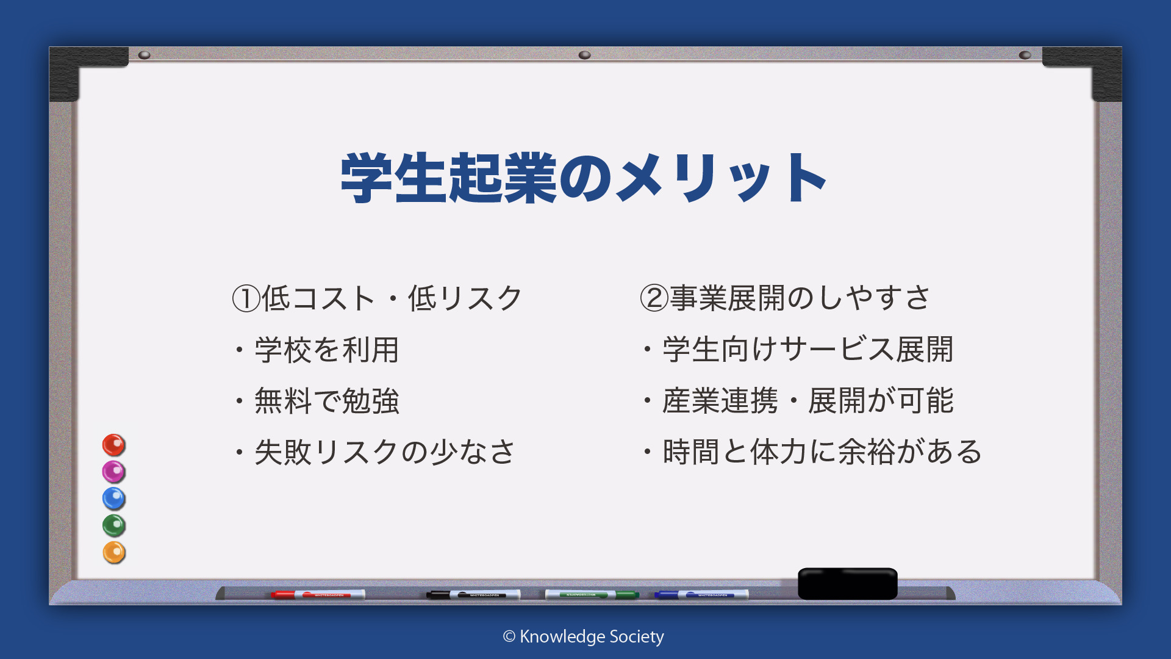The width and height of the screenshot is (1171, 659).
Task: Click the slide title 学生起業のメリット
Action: pos(584,178)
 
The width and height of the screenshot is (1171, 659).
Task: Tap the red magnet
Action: pos(113,445)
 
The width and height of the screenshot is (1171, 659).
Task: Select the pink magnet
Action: pos(113,472)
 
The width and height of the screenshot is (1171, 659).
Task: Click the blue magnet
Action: pos(113,499)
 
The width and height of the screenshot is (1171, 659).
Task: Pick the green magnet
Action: pos(113,525)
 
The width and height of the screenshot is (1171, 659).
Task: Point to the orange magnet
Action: pos(113,552)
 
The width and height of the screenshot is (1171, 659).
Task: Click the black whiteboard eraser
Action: pos(848,583)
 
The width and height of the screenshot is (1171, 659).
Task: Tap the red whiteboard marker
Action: pos(318,594)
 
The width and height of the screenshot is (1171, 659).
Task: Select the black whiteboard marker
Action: pos(473,594)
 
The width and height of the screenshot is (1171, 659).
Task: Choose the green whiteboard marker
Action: pos(592,594)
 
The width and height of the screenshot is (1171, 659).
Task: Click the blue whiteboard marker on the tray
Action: pos(701,594)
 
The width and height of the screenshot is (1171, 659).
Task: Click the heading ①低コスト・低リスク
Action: pos(378,298)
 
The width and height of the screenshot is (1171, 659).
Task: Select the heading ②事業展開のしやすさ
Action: pos(785,298)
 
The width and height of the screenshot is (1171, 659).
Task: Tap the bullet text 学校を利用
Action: pos(327,350)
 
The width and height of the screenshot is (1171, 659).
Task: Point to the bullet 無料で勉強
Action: pos(327,401)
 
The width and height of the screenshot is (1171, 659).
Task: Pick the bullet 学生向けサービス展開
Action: pos(808,350)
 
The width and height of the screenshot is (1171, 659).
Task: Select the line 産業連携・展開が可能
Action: pos(808,401)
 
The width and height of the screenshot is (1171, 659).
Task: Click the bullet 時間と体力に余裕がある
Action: pos(823,452)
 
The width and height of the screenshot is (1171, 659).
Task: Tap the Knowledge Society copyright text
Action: pos(584,636)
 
